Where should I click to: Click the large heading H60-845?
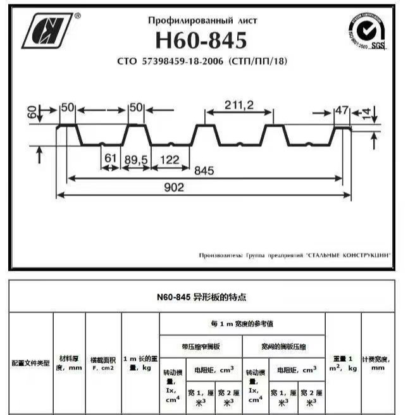[x=202, y=40]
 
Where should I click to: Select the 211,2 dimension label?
[x=238, y=106]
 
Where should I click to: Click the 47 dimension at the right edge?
[x=342, y=111]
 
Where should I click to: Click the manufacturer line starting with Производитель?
[x=294, y=255]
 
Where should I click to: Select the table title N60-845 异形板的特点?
[x=202, y=296]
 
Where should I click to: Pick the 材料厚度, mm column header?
[x=68, y=362]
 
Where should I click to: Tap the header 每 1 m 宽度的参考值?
[x=242, y=323]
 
